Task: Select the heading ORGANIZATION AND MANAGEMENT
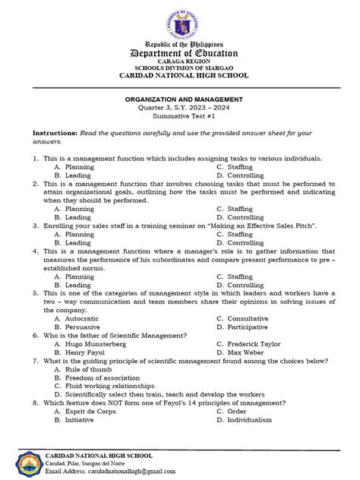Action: pos(180,99)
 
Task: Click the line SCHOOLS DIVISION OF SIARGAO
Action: pos(180,74)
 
